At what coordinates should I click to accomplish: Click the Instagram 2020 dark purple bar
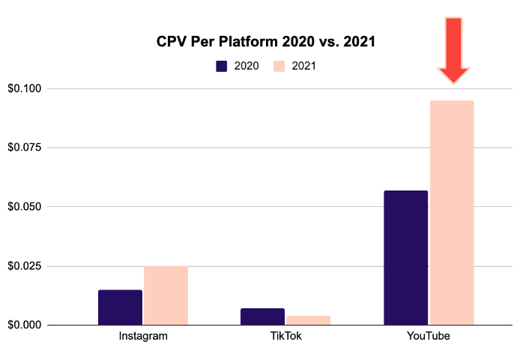[x=120, y=307]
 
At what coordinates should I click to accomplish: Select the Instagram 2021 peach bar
[x=166, y=295]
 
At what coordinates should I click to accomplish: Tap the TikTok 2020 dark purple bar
[x=262, y=316]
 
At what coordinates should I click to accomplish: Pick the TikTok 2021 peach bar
[x=308, y=320]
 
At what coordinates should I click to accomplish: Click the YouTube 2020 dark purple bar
[x=405, y=258]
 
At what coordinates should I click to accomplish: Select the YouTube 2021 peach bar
[x=451, y=213]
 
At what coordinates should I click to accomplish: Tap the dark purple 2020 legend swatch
[x=222, y=66]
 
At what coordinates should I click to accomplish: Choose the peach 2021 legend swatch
[x=279, y=66]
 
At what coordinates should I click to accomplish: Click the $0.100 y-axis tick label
[x=25, y=88]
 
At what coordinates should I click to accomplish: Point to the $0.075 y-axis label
[x=25, y=148]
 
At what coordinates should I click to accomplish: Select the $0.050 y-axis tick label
[x=25, y=207]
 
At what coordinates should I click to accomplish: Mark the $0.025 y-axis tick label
[x=25, y=266]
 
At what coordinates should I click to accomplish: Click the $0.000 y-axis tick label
[x=25, y=325]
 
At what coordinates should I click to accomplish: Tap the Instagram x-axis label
[x=143, y=336]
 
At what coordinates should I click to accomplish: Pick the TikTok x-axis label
[x=285, y=336]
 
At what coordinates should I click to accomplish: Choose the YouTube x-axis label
[x=429, y=336]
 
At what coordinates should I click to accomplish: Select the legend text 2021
[x=303, y=66]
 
